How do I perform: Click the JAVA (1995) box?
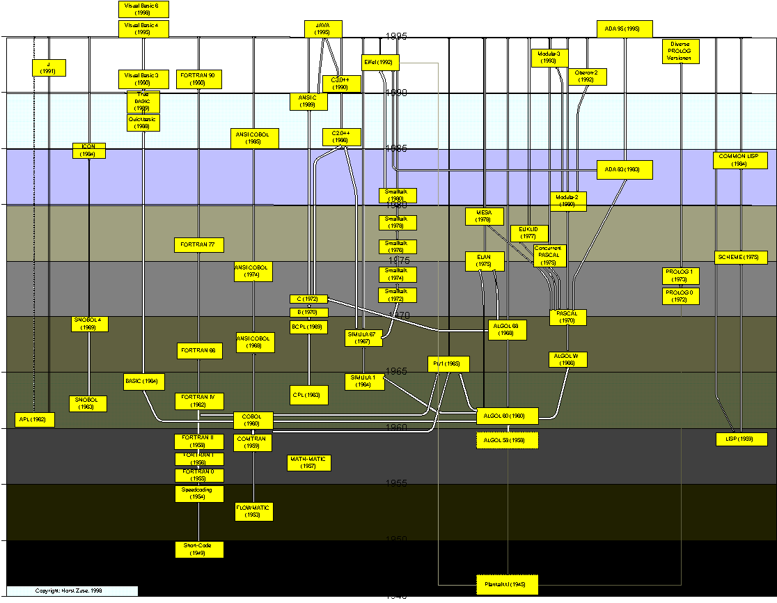pos(323,29)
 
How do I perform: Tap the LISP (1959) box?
pos(741,439)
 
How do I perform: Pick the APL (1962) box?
pos(34,420)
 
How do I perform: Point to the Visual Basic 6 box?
pos(143,9)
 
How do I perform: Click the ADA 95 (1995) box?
pos(625,29)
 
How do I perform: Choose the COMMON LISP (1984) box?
pos(739,160)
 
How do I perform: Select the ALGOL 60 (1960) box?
pos(507,416)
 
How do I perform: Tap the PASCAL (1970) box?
pos(567,318)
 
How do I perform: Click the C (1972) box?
pos(308,299)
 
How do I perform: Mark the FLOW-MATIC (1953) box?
pos(253,512)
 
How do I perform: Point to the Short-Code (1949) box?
pos(199,549)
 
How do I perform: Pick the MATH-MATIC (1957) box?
pos(309,463)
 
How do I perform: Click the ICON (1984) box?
pos(89,150)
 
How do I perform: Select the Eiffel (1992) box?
pos(380,63)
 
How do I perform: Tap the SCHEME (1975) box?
pos(741,258)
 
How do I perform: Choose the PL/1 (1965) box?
pos(448,364)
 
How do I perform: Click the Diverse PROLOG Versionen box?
pos(680,51)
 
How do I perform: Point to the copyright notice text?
pos(70,590)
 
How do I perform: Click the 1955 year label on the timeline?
pos(398,483)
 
